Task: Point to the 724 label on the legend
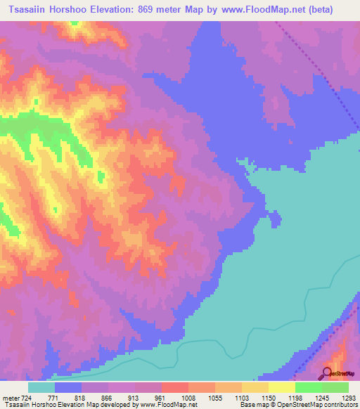click(27, 398)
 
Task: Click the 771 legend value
click(56, 398)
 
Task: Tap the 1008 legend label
click(188, 398)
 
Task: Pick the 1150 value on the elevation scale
click(269, 398)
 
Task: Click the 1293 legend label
click(348, 398)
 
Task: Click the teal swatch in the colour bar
click(41, 387)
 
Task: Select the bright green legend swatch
click(308, 387)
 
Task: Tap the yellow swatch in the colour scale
click(281, 387)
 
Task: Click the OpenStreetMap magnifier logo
click(327, 372)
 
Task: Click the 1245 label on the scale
click(322, 398)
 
